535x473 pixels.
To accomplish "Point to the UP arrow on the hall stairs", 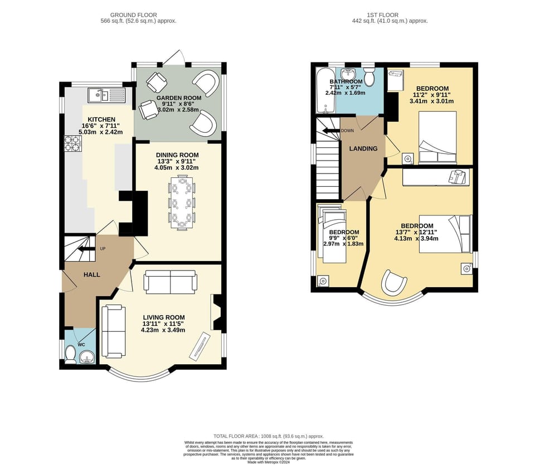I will tap(86, 249).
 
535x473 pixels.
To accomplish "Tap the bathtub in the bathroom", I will tap(323, 91).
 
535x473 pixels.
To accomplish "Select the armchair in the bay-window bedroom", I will tap(394, 283).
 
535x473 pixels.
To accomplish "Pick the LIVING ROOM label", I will tap(163, 317).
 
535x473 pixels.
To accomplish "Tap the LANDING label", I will tap(363, 148).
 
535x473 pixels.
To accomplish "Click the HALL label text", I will tap(92, 274).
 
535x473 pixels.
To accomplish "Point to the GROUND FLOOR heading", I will tap(134, 15).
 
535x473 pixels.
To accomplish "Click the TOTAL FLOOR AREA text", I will tap(268, 436).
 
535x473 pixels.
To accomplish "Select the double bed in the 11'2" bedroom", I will tap(437, 137).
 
